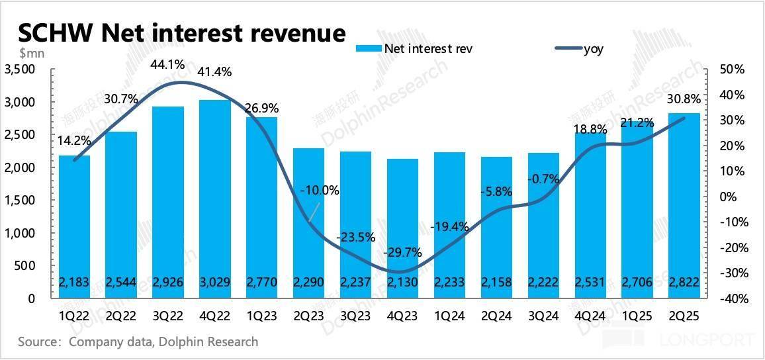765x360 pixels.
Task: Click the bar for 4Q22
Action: coord(214,199)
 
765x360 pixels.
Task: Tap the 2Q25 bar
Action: coord(684,205)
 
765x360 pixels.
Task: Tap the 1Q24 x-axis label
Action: coord(449,316)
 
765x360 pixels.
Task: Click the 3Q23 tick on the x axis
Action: coord(355,316)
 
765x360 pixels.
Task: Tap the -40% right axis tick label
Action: coord(733,299)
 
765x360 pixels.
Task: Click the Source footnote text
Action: coord(138,342)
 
